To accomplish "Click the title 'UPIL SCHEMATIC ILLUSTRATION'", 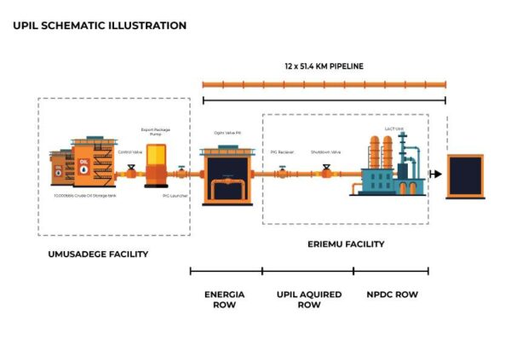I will coord(100,26).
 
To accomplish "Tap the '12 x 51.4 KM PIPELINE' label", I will coord(324,66).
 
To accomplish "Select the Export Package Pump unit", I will coord(158,165).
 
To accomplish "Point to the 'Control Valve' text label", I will coord(129,151).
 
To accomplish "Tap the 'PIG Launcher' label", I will coord(175,195).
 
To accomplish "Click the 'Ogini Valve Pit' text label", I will coord(227,133).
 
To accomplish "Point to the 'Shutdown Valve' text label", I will coord(325,152).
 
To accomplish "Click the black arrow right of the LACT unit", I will coord(436,174).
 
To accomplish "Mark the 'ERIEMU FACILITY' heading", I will coord(345,244).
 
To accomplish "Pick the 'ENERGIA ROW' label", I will coord(225,299).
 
